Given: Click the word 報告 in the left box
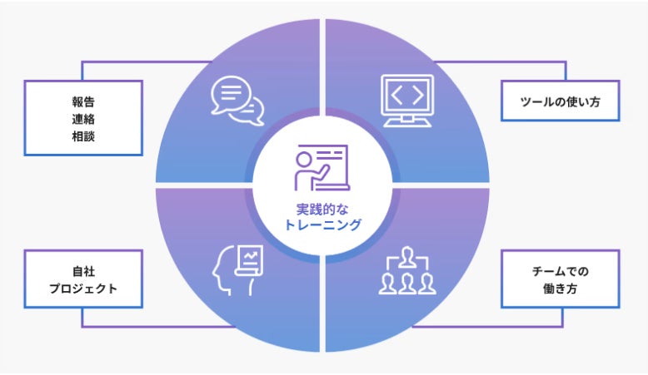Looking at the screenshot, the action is (83, 101).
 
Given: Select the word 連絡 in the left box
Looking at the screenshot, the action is (83, 117).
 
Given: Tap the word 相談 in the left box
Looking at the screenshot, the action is (83, 134).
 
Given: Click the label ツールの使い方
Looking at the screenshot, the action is (559, 103).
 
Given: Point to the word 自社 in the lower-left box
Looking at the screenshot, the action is (83, 271).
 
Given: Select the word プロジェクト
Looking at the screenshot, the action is (83, 289).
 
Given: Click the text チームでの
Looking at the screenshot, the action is (560, 271).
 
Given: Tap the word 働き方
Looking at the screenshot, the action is (560, 289).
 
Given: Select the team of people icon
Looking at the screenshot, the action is (407, 272).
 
